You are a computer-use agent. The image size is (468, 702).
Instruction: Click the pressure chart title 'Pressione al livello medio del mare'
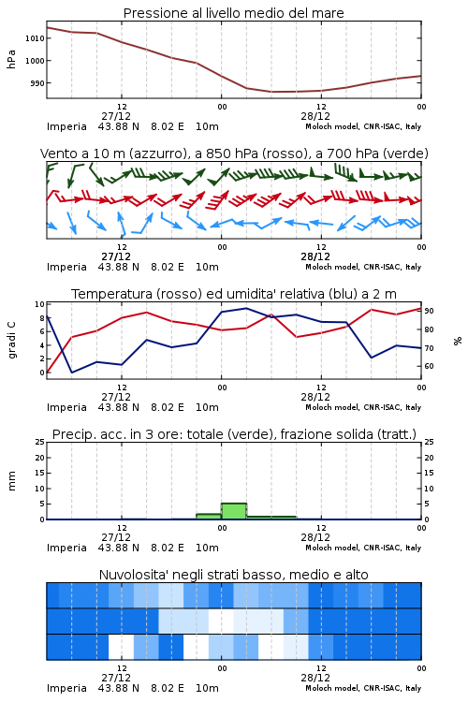[x=233, y=13]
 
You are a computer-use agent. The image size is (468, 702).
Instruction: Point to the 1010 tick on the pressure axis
[x=35, y=38]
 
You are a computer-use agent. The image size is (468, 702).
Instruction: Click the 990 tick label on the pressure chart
[x=37, y=83]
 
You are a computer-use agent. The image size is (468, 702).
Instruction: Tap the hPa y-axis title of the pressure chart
[x=11, y=59]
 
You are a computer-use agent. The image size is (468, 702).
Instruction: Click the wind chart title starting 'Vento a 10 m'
[x=234, y=154]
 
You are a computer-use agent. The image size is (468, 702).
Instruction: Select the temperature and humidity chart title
[x=234, y=294]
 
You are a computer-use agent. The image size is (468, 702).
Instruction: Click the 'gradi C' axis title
[x=12, y=341]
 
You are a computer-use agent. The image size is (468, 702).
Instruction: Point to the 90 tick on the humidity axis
[x=429, y=311]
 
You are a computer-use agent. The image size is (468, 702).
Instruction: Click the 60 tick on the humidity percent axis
[x=429, y=366]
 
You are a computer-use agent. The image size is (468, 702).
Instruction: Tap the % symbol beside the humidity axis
[x=458, y=341]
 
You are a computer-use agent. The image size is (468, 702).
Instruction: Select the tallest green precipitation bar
[x=234, y=511]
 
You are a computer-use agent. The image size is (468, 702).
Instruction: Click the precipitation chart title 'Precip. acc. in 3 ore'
[x=234, y=434]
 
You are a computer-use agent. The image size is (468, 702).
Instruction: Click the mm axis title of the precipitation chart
[x=12, y=481]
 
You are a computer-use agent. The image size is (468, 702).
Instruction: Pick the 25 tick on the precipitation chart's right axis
[x=429, y=442]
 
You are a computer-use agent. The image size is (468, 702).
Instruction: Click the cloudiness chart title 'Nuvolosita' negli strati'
[x=233, y=575]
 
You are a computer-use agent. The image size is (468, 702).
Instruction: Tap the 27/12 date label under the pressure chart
[x=116, y=116]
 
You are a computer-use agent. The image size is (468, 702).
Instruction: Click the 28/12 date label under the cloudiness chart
[x=315, y=678]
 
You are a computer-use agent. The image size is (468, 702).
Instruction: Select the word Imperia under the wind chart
[x=66, y=268]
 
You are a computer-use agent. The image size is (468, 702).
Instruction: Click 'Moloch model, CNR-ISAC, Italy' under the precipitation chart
[x=363, y=548]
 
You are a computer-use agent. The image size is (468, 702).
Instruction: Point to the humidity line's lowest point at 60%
[x=72, y=373]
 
